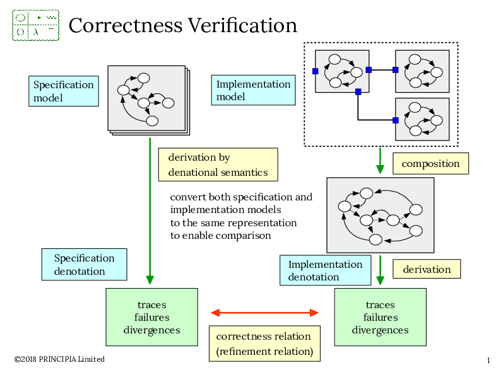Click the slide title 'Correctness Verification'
[x=182, y=26]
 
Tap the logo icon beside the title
[x=35, y=25]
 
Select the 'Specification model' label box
[x=63, y=91]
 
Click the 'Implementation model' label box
[x=253, y=90]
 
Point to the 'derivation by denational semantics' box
[x=218, y=164]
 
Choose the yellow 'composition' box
[x=430, y=164]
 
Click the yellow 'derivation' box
[x=427, y=269]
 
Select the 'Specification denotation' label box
[x=84, y=265]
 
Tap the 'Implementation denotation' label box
[x=325, y=270]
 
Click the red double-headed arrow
[x=264, y=313]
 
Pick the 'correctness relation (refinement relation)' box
[x=264, y=343]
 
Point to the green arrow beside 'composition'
[x=380, y=161]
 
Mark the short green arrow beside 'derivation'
[x=380, y=271]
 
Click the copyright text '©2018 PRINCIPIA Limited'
[x=59, y=359]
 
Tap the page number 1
[x=488, y=361]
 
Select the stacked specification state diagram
[x=148, y=99]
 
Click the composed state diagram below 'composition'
[x=380, y=215]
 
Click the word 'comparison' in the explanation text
[x=243, y=236]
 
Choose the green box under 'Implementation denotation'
[x=380, y=317]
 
